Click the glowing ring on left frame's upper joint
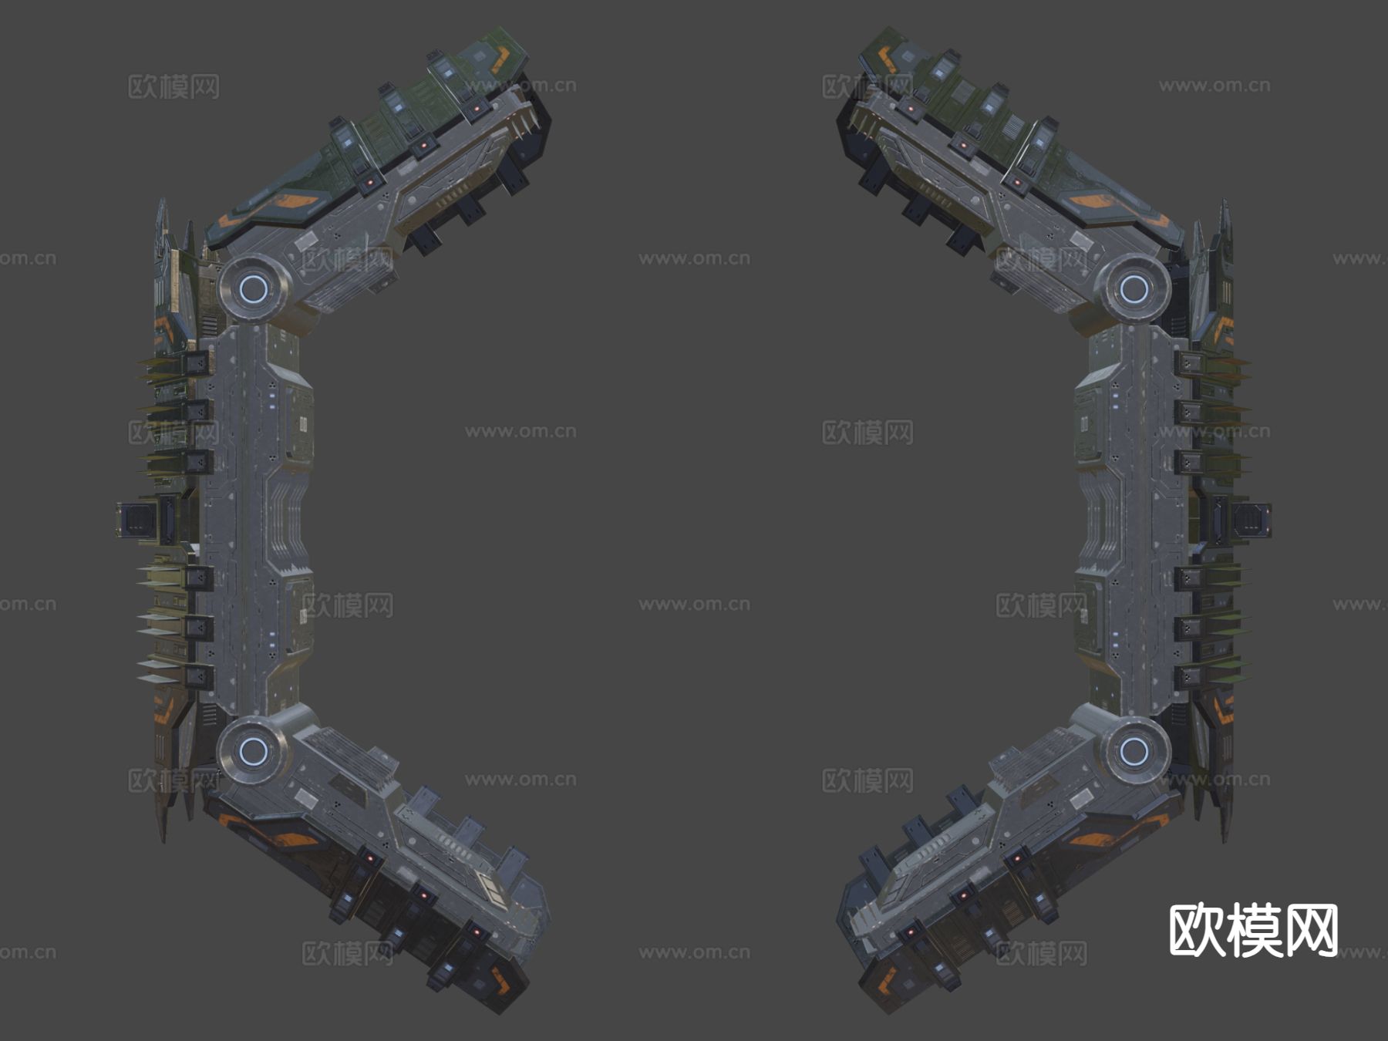tap(253, 289)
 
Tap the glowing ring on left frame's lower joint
tap(251, 750)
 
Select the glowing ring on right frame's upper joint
tap(1134, 289)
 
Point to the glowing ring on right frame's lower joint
tap(1132, 750)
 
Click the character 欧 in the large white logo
tap(1198, 931)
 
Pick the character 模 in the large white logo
tap(1254, 931)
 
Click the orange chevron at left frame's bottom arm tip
tap(505, 983)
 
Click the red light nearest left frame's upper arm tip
tap(478, 109)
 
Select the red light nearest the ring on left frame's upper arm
tap(369, 183)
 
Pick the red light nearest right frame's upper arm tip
tap(910, 109)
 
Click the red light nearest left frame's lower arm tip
tap(477, 932)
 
